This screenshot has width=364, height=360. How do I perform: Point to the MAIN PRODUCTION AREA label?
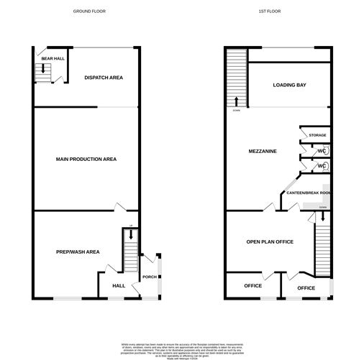click(x=86, y=159)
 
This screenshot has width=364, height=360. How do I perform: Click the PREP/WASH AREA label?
click(x=78, y=251)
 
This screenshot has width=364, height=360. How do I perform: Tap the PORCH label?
click(x=150, y=277)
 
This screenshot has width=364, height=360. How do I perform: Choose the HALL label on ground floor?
click(x=119, y=285)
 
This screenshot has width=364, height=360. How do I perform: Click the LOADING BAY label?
click(x=290, y=85)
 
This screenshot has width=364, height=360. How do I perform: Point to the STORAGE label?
click(x=317, y=135)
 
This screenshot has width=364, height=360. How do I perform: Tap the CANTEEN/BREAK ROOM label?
click(x=308, y=193)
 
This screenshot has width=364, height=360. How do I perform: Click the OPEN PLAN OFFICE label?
click(x=270, y=241)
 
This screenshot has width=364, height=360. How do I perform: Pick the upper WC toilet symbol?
click(x=325, y=151)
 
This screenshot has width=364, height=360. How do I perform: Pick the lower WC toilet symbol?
click(x=325, y=167)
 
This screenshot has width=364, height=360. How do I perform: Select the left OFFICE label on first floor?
click(x=252, y=285)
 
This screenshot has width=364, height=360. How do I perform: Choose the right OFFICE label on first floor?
click(x=306, y=287)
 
